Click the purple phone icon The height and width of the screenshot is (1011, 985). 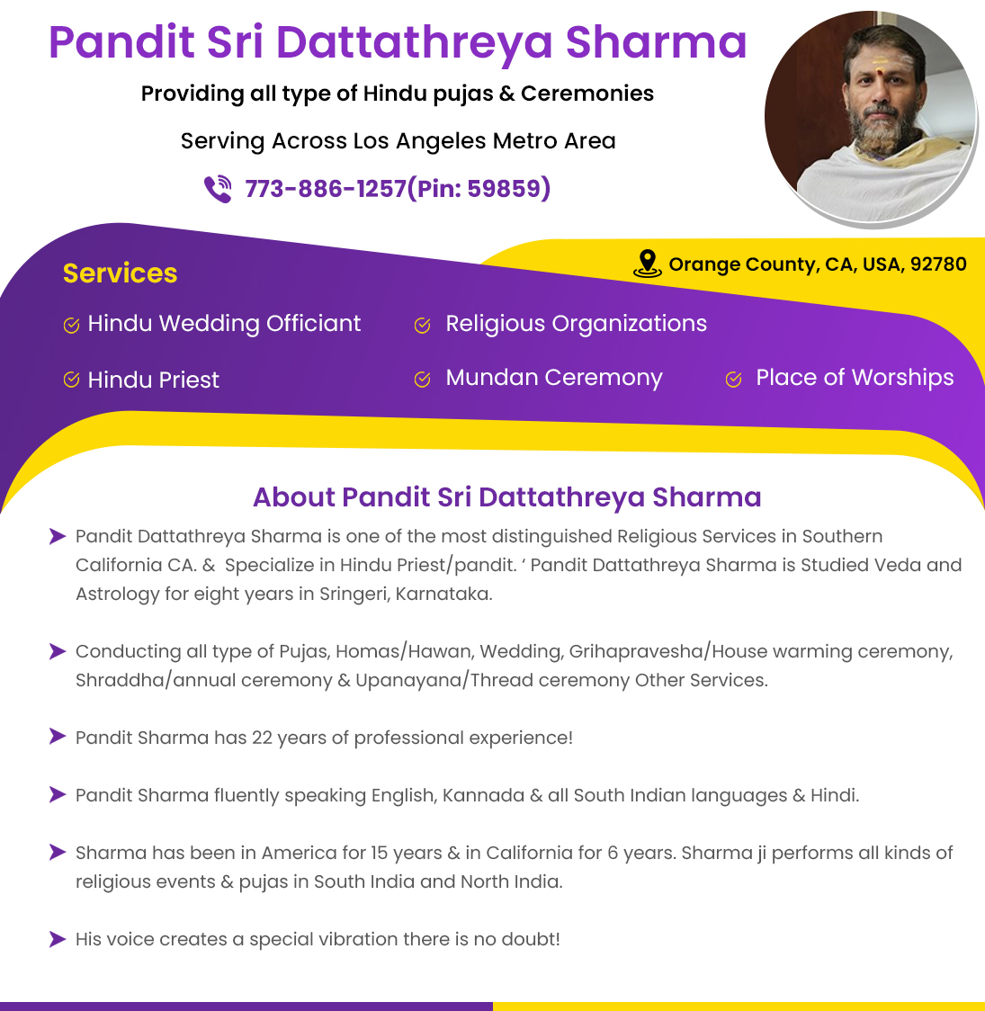tap(218, 188)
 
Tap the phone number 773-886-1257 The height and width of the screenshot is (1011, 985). tap(326, 188)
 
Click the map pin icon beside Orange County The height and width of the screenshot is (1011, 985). tap(647, 264)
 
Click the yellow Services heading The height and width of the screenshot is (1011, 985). tap(120, 273)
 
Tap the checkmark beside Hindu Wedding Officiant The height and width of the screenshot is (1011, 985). tap(72, 325)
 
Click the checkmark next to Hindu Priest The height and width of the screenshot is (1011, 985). tap(72, 380)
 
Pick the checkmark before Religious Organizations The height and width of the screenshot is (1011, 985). tap(422, 325)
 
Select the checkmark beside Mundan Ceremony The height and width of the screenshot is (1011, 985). tap(422, 380)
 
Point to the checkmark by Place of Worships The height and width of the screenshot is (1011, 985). tap(733, 380)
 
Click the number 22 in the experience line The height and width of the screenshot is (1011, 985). tap(262, 738)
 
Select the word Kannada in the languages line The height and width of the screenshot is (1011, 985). tap(483, 795)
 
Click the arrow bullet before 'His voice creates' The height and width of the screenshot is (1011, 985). tap(58, 939)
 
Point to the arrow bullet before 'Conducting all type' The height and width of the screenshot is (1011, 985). tap(58, 651)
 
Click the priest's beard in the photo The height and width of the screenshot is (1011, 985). tap(879, 136)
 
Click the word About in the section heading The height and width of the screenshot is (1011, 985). tap(294, 497)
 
